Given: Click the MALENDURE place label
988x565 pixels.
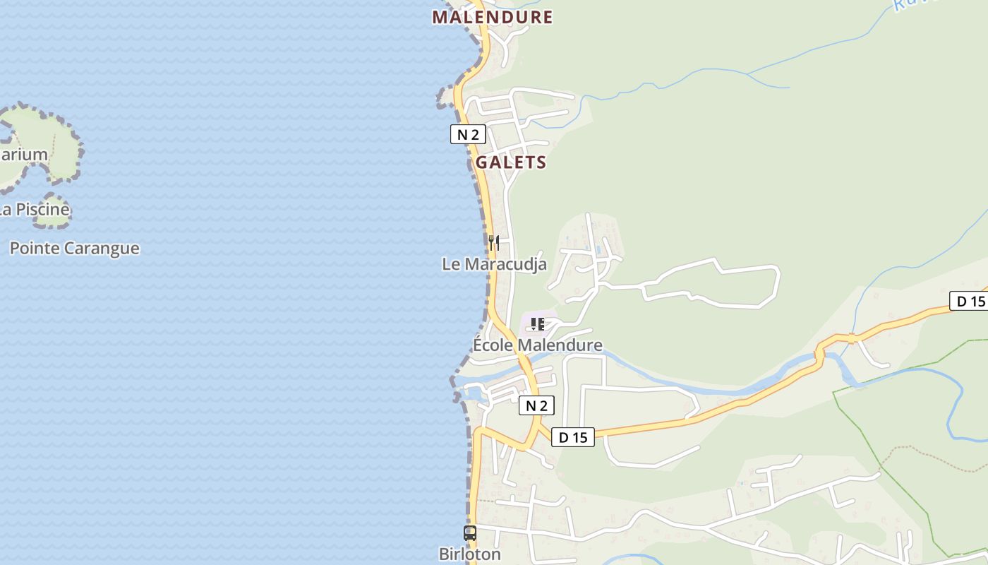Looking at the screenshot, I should click(x=492, y=17).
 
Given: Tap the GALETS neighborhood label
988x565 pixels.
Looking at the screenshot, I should click(x=511, y=162).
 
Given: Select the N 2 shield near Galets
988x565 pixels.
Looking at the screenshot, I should click(x=468, y=134).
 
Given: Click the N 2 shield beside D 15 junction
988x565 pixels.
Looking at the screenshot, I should click(x=536, y=405).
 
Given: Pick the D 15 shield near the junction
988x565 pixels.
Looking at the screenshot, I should click(x=572, y=437).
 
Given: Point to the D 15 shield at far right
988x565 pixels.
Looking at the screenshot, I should click(x=970, y=301).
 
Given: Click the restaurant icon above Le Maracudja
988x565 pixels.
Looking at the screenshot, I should click(x=494, y=243).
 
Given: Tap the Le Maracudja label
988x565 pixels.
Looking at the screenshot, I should click(x=494, y=264).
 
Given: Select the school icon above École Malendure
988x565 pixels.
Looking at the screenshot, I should click(x=538, y=324).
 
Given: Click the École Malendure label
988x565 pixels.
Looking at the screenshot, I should click(x=537, y=345).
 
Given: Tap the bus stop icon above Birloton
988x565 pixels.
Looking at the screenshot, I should click(x=470, y=533).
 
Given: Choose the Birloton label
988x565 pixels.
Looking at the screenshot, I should click(x=470, y=554).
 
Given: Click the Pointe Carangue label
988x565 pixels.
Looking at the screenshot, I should click(x=74, y=249).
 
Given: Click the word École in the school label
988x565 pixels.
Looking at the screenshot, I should click(x=493, y=345).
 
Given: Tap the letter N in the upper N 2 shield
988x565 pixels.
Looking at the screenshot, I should click(x=462, y=134).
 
